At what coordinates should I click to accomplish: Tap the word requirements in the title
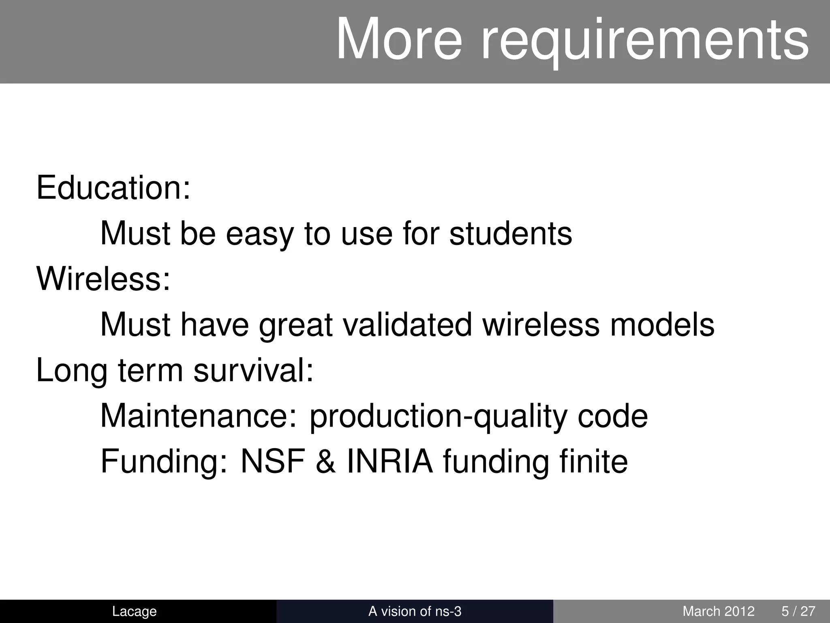644,41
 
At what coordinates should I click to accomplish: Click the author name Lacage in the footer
134,611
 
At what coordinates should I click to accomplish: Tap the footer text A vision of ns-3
415,611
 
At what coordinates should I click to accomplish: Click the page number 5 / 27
798,611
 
